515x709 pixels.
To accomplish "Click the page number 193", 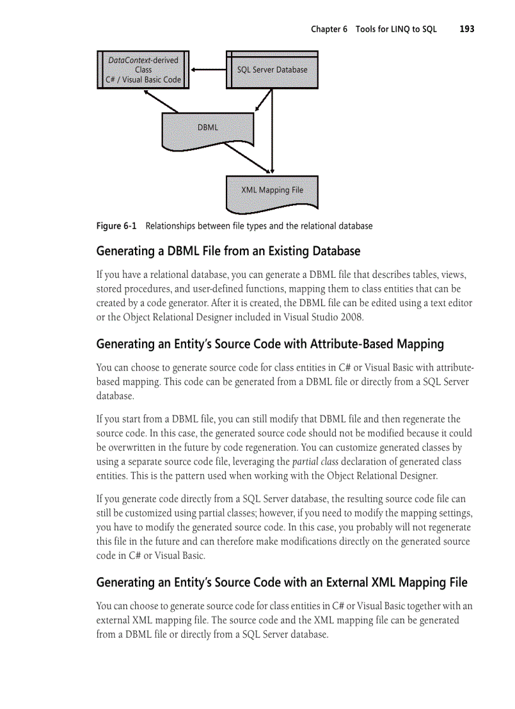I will pyautogui.click(x=466, y=29).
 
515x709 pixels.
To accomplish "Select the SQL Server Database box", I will pyautogui.click(x=272, y=69).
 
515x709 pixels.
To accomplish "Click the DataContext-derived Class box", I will pyautogui.click(x=143, y=69).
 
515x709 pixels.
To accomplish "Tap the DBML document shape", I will pyautogui.click(x=208, y=128).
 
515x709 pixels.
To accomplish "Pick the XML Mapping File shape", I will pyautogui.click(x=272, y=190).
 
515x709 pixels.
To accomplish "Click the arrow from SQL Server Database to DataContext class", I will pyautogui.click(x=208, y=69).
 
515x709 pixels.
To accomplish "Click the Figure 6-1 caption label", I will pyautogui.click(x=116, y=226).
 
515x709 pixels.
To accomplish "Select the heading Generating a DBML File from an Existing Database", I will pyautogui.click(x=228, y=251).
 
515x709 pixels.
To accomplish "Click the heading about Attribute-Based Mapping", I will pyautogui.click(x=269, y=344).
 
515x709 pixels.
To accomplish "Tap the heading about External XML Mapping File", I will pyautogui.click(x=281, y=582).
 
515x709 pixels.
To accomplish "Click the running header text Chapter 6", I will pyautogui.click(x=329, y=29).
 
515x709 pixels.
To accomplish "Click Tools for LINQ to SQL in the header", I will pyautogui.click(x=396, y=29).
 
